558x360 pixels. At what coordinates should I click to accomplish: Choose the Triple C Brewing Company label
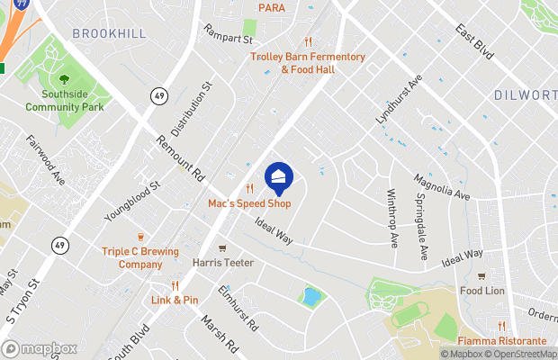point(139,258)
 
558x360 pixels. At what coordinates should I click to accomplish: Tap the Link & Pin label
point(175,300)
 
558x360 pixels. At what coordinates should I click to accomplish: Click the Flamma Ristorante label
point(502,341)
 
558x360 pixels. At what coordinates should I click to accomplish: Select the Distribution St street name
point(191,111)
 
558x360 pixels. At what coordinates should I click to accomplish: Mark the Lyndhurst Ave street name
point(399,100)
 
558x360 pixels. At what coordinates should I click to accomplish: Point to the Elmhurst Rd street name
point(238,306)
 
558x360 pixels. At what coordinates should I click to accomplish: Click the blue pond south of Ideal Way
point(311,297)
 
